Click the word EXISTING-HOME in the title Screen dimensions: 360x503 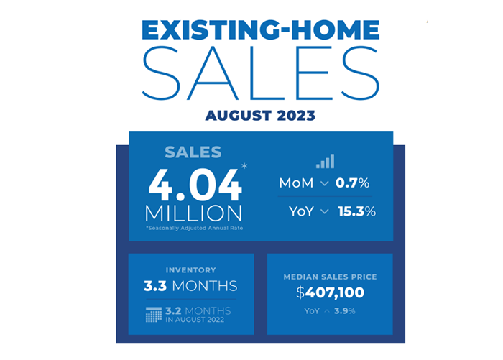[260, 32]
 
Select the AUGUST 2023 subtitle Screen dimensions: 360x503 [260, 115]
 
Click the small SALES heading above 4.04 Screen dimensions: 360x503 [193, 152]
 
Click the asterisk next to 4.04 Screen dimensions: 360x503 [245, 167]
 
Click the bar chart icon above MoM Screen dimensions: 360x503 [325, 162]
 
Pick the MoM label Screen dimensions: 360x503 [296, 183]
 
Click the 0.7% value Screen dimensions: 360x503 [356, 183]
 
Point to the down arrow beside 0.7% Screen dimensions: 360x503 [325, 184]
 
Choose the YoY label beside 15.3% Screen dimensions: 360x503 [301, 211]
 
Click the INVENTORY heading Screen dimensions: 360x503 [190, 270]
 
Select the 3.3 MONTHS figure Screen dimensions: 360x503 [190, 287]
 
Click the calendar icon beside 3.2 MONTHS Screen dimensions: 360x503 [154, 314]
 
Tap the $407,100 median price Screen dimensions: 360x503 [330, 292]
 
